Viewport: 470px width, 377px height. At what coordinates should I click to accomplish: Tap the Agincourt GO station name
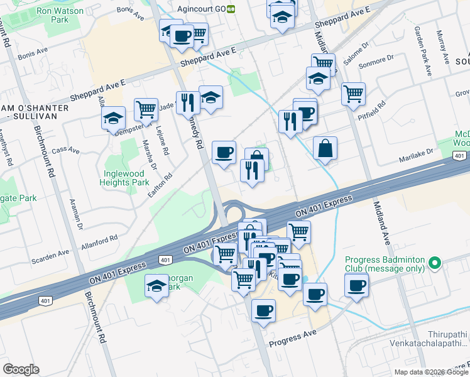(203, 9)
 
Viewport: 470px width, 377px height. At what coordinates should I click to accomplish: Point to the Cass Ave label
(67, 150)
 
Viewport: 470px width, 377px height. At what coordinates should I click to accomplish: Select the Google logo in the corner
(21, 369)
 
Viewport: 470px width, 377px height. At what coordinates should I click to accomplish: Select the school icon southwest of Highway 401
(156, 286)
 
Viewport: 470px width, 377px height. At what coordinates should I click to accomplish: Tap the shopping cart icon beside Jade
(146, 109)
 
